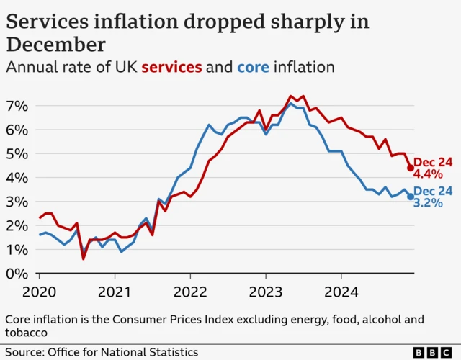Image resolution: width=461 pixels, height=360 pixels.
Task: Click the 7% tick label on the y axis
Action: coord(17,106)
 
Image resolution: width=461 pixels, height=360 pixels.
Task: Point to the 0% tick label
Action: coord(17,274)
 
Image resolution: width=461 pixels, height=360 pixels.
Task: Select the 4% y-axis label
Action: coord(17,178)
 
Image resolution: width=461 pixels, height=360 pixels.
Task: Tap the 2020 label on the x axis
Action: coord(39,293)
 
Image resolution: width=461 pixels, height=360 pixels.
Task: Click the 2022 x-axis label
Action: coord(190,293)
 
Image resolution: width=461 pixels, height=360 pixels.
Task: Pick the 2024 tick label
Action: coord(341,293)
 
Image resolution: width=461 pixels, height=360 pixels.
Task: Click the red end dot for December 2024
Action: coord(411,168)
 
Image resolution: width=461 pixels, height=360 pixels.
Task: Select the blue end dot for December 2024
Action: coord(411,197)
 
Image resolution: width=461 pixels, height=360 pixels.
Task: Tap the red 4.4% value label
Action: coord(428,175)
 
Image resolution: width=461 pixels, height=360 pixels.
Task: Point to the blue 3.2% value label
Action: coord(428,204)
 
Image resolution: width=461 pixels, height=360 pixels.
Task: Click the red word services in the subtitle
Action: coord(171,68)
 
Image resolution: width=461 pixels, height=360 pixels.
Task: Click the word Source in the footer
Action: coord(23,352)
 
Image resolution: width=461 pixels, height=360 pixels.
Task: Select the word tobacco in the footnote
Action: coord(26,333)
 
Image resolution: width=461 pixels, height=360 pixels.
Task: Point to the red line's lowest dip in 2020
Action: coord(84,258)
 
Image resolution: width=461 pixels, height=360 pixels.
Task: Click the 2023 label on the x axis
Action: coord(266,293)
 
